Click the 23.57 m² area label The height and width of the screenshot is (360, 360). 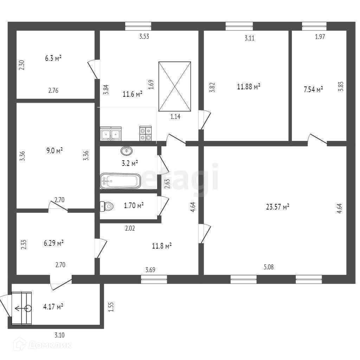(x=277, y=207)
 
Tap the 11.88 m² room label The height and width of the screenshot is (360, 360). (x=249, y=86)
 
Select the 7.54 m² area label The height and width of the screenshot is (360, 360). (x=313, y=89)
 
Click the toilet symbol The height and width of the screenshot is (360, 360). (x=107, y=206)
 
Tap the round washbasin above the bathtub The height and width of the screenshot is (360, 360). (x=127, y=151)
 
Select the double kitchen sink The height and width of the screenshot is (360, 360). (x=111, y=134)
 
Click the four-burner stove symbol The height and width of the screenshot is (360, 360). (x=146, y=134)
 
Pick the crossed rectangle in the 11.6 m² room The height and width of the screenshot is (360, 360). (x=175, y=86)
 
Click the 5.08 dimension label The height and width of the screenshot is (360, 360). (x=268, y=267)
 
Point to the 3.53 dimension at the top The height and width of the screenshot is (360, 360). (x=144, y=37)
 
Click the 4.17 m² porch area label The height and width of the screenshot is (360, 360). (x=53, y=307)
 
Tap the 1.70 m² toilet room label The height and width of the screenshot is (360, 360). (x=134, y=206)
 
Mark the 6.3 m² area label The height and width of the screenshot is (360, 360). (x=53, y=58)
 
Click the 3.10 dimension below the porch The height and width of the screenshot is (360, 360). (x=60, y=335)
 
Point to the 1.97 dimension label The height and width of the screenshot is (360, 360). (x=320, y=37)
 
